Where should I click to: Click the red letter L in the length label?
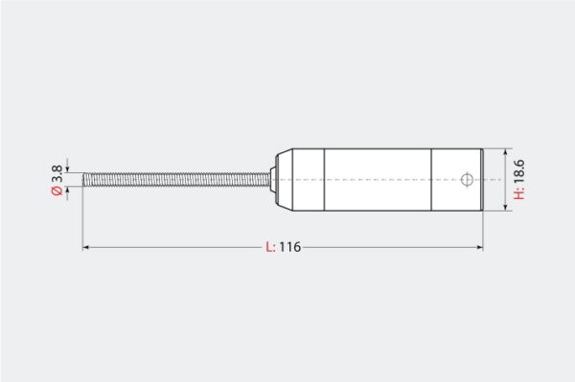tap(269, 247)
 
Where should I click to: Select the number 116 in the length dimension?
tap(290, 247)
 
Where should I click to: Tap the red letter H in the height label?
tap(518, 194)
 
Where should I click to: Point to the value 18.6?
tap(518, 172)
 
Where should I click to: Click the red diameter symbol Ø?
tap(57, 191)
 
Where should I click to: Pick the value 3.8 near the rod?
tap(57, 173)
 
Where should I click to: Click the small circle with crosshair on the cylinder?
tap(467, 179)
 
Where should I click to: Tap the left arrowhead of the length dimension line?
tap(85, 248)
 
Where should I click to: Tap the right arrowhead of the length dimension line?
tap(480, 248)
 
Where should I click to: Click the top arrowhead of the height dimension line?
tap(506, 151)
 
